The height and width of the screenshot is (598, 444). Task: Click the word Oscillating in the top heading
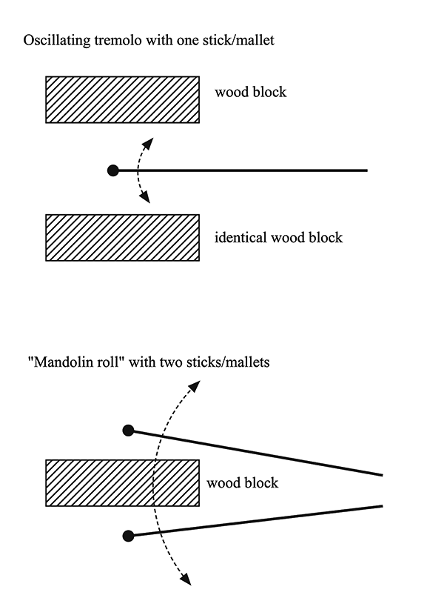click(57, 41)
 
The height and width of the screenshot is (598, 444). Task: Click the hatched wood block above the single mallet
click(122, 99)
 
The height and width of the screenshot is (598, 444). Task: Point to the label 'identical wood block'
click(278, 237)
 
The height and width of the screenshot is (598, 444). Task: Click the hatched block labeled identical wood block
click(122, 238)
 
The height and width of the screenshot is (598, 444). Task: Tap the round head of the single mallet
click(113, 170)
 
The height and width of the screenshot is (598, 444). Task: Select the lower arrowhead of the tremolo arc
click(145, 198)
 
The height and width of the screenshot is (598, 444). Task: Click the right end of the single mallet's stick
click(367, 170)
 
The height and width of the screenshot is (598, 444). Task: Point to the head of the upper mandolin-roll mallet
click(128, 431)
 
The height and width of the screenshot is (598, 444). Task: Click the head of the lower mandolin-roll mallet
click(128, 536)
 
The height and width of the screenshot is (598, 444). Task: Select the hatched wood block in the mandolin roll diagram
click(122, 483)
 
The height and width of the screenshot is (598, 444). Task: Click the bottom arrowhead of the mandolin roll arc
click(186, 579)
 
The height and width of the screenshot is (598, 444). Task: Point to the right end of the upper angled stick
click(382, 475)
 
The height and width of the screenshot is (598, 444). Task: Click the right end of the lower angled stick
click(382, 506)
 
